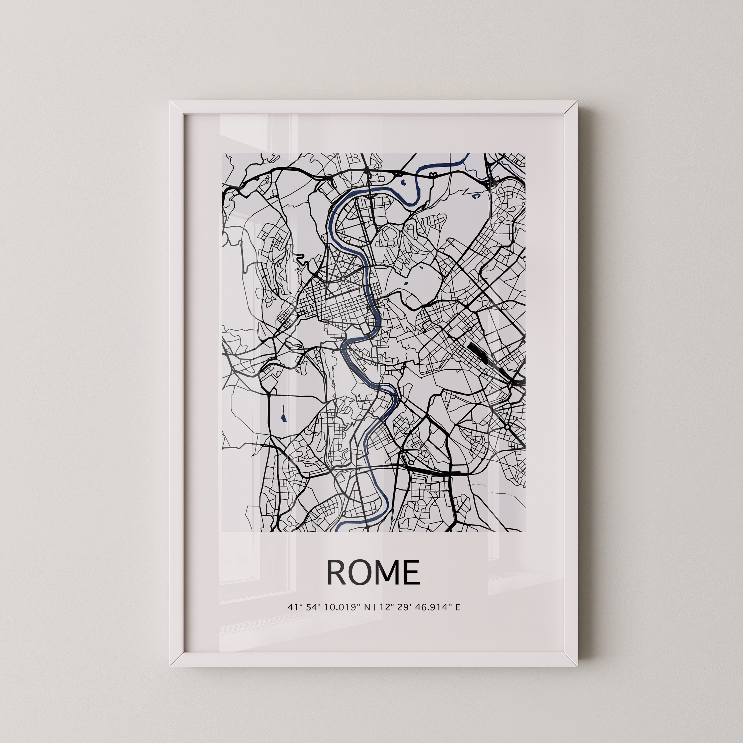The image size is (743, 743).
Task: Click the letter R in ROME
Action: click(337, 572)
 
